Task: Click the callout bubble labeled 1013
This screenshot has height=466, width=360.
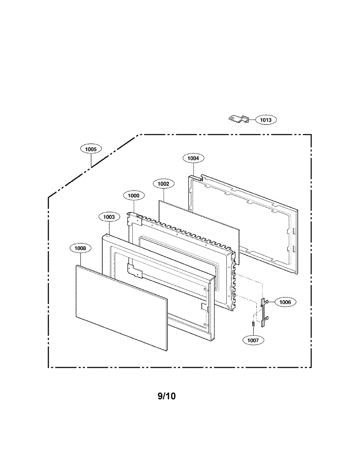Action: click(266, 120)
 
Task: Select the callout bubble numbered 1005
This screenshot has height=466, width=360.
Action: click(91, 148)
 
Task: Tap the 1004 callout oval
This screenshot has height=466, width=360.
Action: click(193, 158)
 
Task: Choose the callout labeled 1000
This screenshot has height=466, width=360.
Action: click(134, 196)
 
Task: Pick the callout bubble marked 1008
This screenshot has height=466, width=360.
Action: click(80, 248)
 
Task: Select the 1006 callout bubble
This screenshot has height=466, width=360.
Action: click(285, 302)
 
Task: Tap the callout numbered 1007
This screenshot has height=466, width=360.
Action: click(253, 340)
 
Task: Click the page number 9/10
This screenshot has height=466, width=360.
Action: click(167, 396)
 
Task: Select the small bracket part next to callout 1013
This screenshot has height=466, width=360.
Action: click(238, 118)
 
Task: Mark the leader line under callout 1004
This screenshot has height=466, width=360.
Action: click(193, 169)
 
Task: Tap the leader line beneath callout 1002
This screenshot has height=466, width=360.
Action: click(163, 194)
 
